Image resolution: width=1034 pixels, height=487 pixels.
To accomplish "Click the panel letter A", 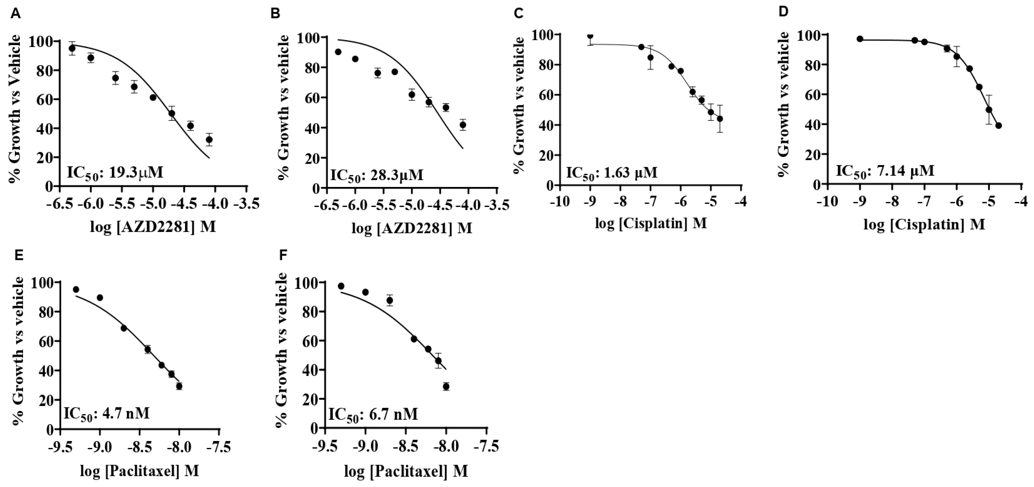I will click(15, 14).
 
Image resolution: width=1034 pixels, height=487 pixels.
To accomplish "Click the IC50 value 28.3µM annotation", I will click(377, 175).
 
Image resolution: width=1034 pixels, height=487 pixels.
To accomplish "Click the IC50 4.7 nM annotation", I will click(106, 414).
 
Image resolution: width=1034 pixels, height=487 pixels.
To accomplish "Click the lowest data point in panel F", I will click(446, 387).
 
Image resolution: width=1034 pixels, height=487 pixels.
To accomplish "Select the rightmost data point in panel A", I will click(209, 140).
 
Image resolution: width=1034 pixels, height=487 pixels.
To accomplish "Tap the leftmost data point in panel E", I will click(76, 289).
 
